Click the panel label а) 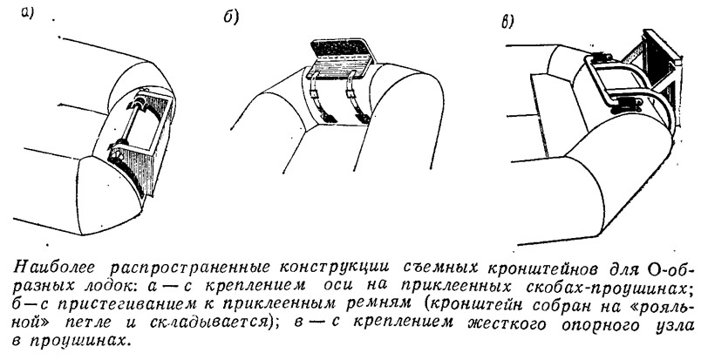pyautogui.click(x=27, y=14)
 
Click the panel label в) pyautogui.click(x=507, y=22)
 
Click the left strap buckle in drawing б pyautogui.click(x=315, y=94)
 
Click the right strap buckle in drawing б pyautogui.click(x=350, y=94)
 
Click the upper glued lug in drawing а pyautogui.click(x=144, y=101)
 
